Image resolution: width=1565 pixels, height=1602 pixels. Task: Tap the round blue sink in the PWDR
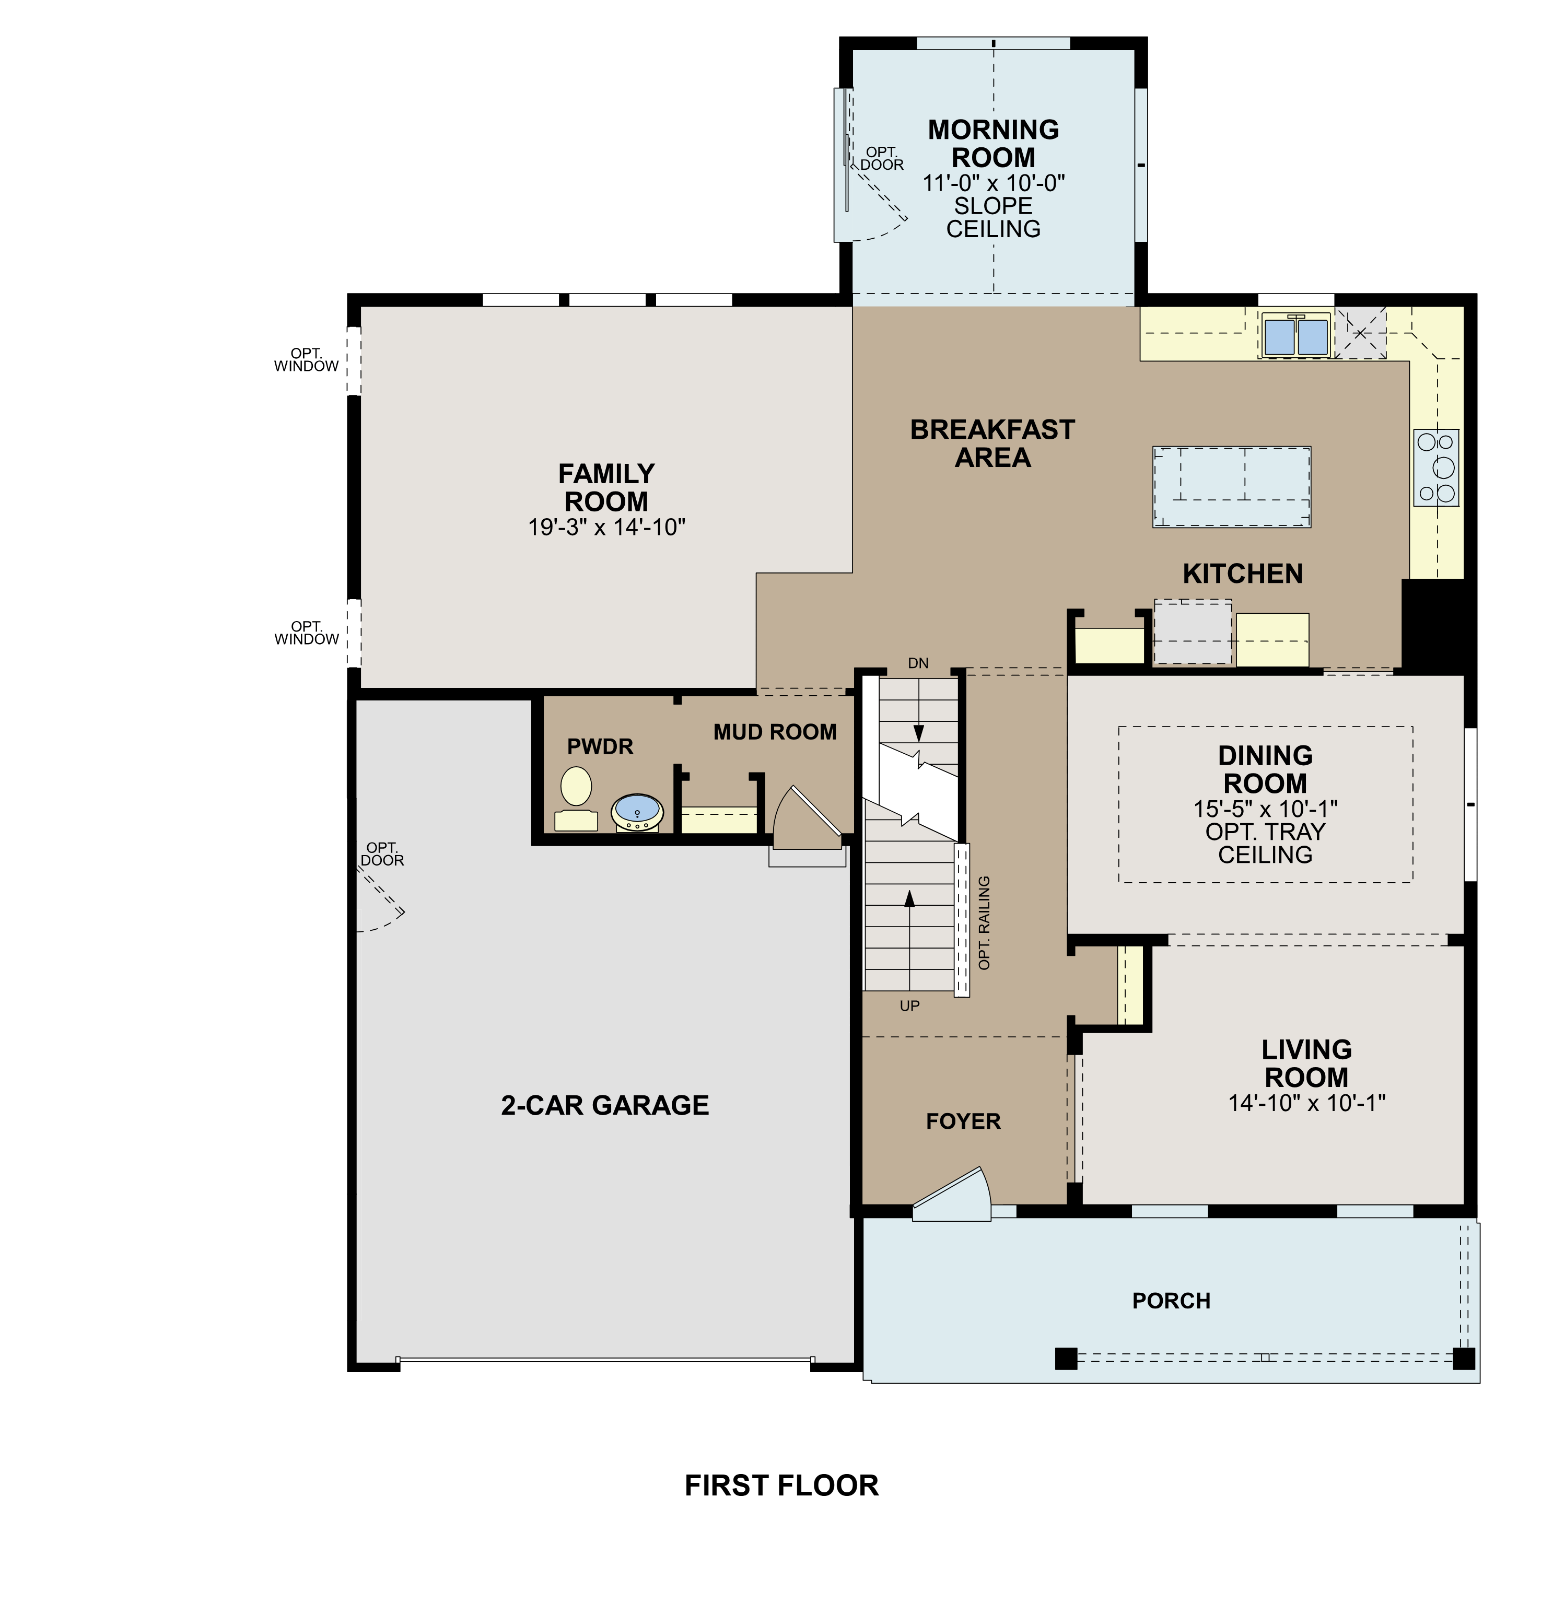(637, 812)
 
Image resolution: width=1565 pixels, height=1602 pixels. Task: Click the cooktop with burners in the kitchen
(1436, 467)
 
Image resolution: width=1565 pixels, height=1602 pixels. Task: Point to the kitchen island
(1231, 487)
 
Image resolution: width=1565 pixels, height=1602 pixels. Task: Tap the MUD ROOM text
(774, 732)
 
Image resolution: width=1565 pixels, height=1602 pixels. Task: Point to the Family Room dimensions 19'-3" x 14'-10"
(606, 527)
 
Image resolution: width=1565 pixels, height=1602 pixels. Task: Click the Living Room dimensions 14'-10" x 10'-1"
(1306, 1103)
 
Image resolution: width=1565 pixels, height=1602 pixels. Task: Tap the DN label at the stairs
(918, 663)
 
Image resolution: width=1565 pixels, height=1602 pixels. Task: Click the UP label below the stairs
(909, 1005)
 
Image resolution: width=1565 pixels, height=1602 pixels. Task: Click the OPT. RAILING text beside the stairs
(984, 922)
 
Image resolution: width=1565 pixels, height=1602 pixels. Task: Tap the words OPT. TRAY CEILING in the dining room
(1265, 844)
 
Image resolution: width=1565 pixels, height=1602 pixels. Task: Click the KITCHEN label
(1242, 573)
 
